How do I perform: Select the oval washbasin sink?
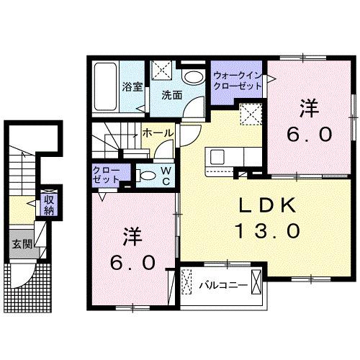click(x=192, y=78)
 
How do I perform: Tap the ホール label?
click(x=157, y=133)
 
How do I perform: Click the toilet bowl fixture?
click(x=147, y=175)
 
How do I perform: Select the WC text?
click(x=164, y=175)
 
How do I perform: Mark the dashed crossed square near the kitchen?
click(x=251, y=114)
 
